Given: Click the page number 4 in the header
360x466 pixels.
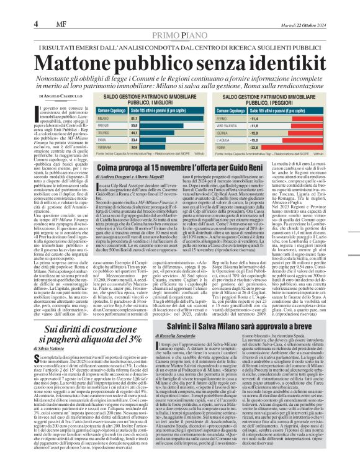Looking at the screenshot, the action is click(x=37, y=24).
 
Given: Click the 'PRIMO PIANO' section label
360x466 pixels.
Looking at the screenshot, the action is click(x=179, y=36).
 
